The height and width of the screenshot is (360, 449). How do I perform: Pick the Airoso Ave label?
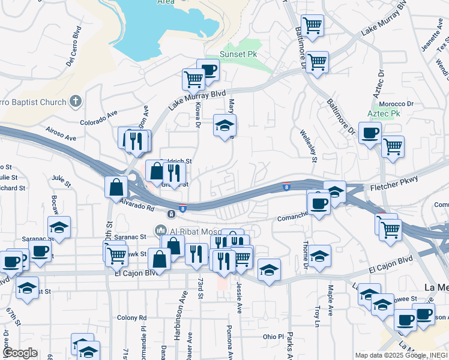61,133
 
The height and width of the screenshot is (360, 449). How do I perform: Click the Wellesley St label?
313,145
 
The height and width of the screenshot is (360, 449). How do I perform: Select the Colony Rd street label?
132,317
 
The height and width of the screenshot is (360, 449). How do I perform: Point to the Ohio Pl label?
273,337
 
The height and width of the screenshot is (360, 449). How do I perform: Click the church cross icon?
75,101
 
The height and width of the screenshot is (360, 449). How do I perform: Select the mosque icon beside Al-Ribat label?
161,230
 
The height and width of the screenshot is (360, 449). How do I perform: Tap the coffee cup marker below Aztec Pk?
370,133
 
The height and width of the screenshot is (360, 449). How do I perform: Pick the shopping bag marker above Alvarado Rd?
115,187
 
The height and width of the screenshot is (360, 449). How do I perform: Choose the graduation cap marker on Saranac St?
59,227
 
